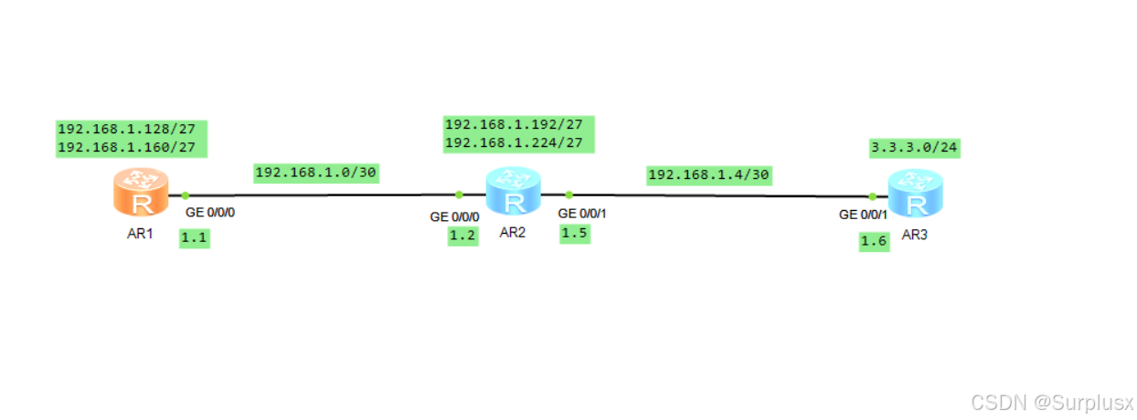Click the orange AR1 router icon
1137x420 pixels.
coord(140,193)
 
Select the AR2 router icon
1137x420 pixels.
coord(513,192)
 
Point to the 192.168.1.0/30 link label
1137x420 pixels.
coord(316,173)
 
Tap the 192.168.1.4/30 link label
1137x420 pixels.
coord(708,174)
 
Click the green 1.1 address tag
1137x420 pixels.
coord(194,239)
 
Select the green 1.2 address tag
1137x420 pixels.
coord(462,236)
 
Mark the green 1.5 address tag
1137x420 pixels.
coord(575,235)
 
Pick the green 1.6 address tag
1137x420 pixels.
coord(874,242)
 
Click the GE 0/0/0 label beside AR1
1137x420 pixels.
coord(217,212)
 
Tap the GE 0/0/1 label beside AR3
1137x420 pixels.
coord(864,215)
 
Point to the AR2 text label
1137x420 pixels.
coord(513,232)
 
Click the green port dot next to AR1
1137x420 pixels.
coord(185,194)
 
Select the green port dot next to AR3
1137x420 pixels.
coord(873,195)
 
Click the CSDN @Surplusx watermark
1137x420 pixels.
coord(1052,402)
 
